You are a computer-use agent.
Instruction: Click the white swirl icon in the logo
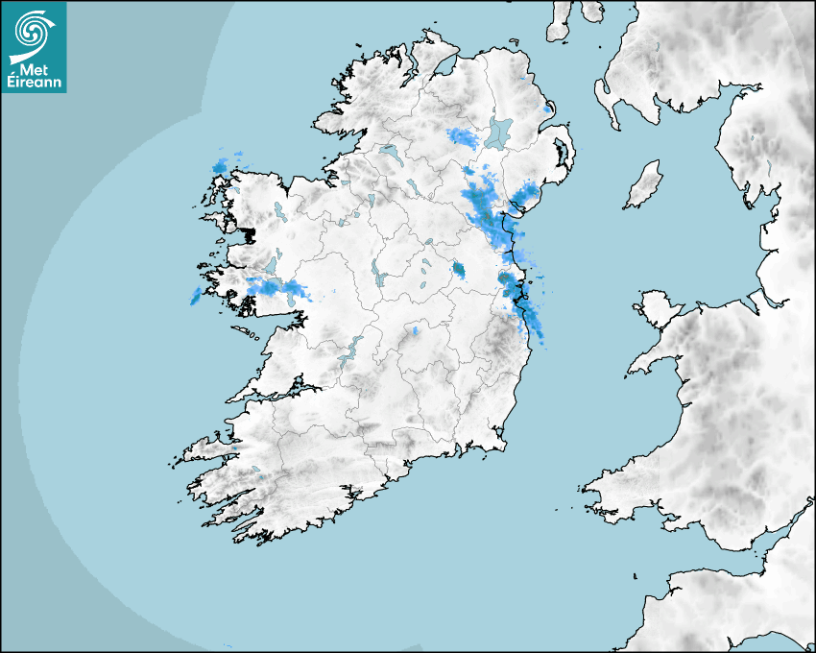(x=33, y=31)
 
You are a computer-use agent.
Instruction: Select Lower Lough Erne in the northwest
(x=390, y=152)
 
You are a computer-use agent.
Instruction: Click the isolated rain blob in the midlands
(x=459, y=270)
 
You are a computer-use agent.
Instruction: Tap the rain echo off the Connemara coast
(x=196, y=296)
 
